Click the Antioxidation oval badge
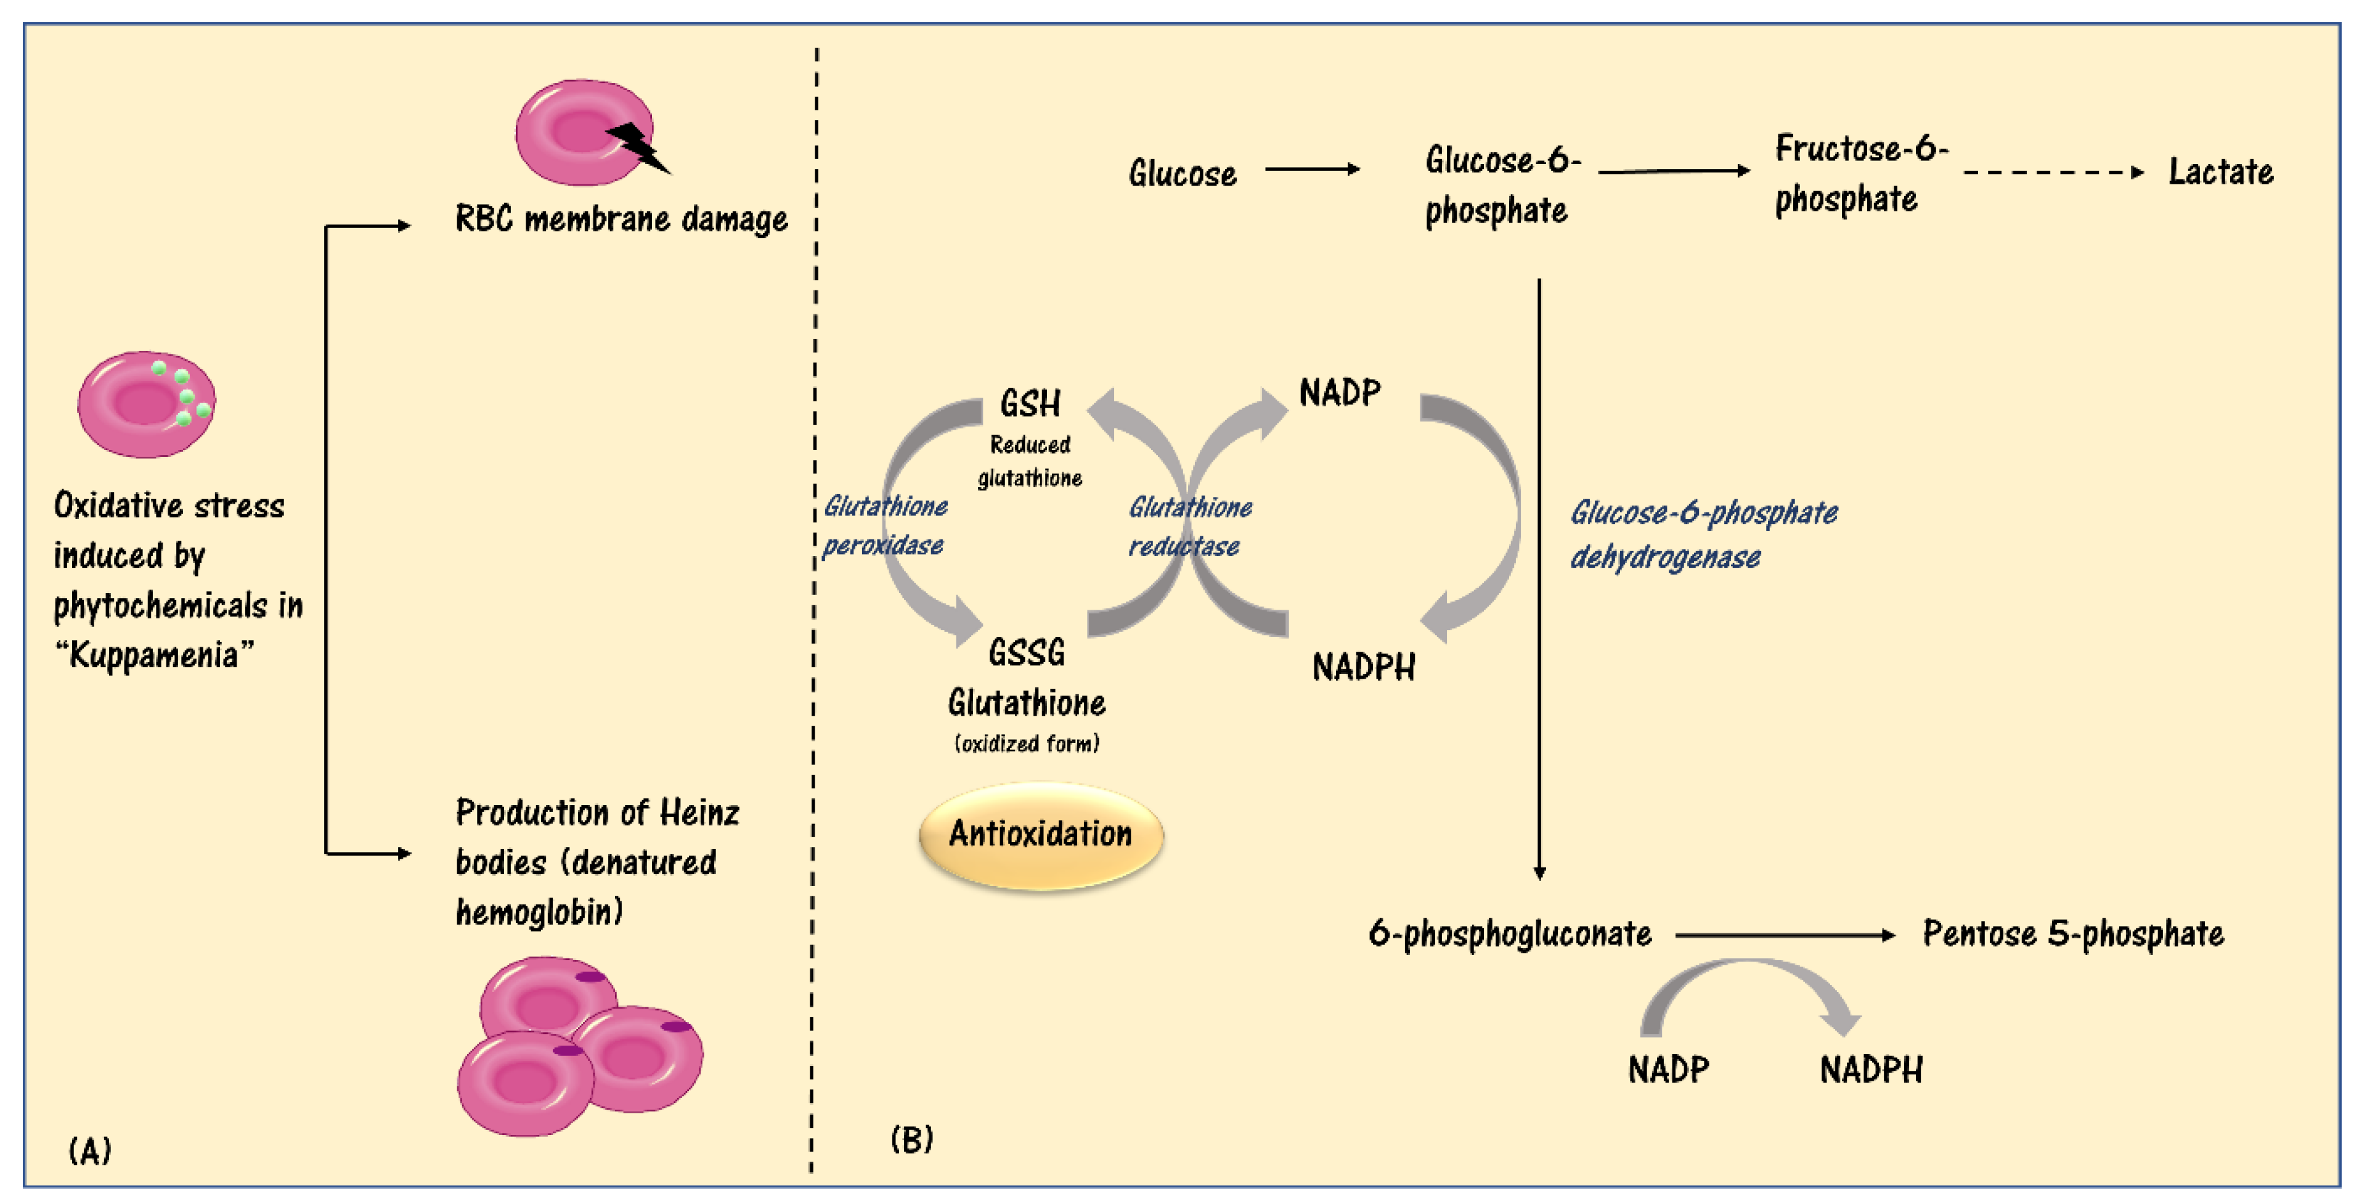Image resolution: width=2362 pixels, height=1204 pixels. [x=1041, y=835]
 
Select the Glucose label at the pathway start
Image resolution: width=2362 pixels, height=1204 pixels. [x=1182, y=173]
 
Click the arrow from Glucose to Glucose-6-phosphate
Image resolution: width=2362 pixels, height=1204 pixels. [x=1311, y=169]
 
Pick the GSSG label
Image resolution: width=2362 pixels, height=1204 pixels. [x=1026, y=653]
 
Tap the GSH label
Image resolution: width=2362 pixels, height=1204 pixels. [x=1030, y=403]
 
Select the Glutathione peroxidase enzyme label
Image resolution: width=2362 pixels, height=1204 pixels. [x=884, y=525]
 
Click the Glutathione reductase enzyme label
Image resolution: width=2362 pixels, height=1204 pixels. [x=1189, y=526]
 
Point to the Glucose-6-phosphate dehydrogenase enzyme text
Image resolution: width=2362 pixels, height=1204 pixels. [x=1703, y=534]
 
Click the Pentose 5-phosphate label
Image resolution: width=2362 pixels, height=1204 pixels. [x=2072, y=933]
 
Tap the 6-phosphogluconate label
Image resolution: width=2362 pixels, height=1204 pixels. [x=1509, y=933]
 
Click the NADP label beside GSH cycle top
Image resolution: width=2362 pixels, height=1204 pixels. [x=1340, y=393]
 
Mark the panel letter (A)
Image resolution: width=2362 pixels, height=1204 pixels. [x=90, y=1150]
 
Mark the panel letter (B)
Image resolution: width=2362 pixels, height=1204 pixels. [x=911, y=1139]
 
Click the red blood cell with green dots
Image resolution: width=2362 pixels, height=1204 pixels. [x=146, y=404]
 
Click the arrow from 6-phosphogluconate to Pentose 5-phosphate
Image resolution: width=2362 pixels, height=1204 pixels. [x=1783, y=935]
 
